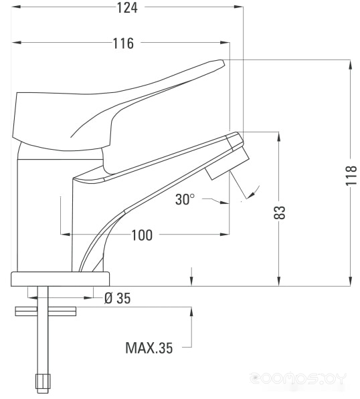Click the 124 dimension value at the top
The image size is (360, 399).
[x=127, y=7]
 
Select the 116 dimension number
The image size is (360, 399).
[x=123, y=43]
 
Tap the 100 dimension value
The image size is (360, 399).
[x=142, y=235]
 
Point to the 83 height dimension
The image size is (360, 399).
[x=280, y=213]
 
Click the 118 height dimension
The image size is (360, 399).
[x=351, y=176]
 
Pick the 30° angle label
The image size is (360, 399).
[x=185, y=199]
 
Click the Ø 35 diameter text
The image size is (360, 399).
[x=118, y=298]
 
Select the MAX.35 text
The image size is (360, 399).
[x=149, y=348]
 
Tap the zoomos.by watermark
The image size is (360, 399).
[x=298, y=378]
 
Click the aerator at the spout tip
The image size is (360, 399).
[x=228, y=164]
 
